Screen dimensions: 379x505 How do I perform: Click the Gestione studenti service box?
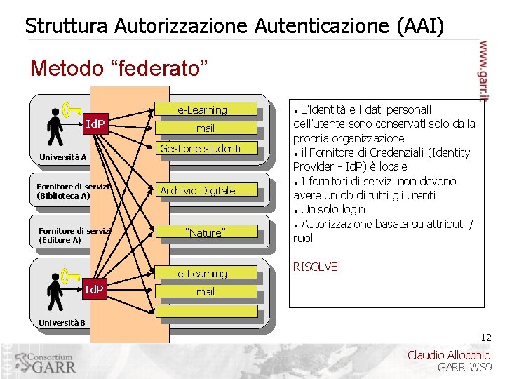201,148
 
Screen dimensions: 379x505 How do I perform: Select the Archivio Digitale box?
198,191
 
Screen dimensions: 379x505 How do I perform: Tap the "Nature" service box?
205,232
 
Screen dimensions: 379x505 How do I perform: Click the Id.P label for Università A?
95,125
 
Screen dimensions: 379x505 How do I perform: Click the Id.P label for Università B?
94,289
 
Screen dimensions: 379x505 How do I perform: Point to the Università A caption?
63,157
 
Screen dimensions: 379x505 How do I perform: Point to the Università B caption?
62,323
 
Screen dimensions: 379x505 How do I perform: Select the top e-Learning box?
202,110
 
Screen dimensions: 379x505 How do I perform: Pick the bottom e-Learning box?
202,274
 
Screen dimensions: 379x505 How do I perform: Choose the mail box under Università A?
205,128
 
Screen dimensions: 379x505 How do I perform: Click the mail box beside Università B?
205,292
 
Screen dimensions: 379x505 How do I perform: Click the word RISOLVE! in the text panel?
316,267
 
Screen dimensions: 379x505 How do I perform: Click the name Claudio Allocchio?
449,355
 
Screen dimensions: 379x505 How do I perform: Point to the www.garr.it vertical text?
483,70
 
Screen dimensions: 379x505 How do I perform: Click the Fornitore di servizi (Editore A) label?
65,235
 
